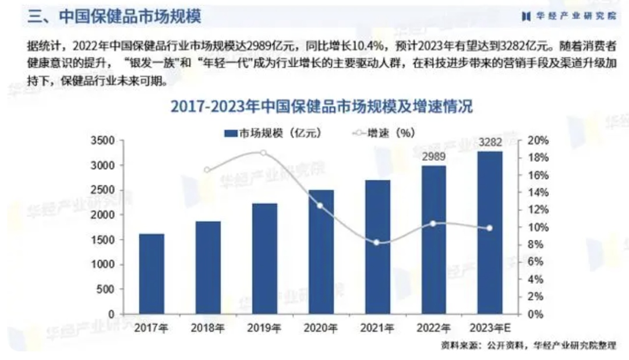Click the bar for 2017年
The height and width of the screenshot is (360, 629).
(x=151, y=274)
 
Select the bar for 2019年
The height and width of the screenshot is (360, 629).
(x=264, y=259)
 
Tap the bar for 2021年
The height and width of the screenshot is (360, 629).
(x=377, y=247)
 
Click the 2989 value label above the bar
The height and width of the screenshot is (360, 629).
(x=434, y=157)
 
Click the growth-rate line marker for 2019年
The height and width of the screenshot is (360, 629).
(x=263, y=153)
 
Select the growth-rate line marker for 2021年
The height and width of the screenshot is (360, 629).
(x=376, y=242)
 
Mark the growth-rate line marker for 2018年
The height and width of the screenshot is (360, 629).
(x=207, y=170)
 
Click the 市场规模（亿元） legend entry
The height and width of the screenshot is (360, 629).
(x=271, y=132)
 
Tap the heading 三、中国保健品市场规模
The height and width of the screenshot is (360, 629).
(x=114, y=16)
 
